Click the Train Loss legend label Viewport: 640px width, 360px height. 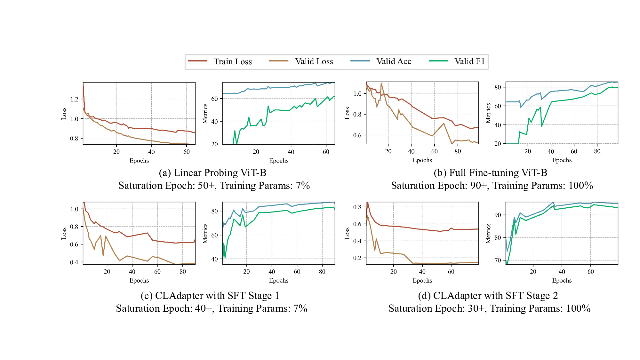point(233,61)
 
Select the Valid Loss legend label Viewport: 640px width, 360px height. point(314,61)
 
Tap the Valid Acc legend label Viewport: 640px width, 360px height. point(394,61)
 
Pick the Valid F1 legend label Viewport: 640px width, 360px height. point(469,61)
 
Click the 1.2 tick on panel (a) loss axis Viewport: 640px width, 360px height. point(74,99)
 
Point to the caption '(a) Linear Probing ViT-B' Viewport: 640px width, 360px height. point(212,173)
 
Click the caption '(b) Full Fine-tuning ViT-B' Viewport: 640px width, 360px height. point(490,173)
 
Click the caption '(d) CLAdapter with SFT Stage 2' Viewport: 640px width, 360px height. point(488,296)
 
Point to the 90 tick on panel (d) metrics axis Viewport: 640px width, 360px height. point(498,215)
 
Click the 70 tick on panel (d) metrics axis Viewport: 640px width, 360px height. point(498,260)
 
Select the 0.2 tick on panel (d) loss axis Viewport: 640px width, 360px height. point(357,258)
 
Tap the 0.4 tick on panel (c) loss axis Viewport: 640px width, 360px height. point(74,262)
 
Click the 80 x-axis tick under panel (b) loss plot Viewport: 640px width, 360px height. point(458,151)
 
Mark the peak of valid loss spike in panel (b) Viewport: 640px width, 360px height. point(381,84)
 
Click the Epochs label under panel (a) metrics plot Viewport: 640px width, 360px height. point(278,161)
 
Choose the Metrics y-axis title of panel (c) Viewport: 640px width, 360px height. point(205,233)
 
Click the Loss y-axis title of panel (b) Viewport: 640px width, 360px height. point(347,113)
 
